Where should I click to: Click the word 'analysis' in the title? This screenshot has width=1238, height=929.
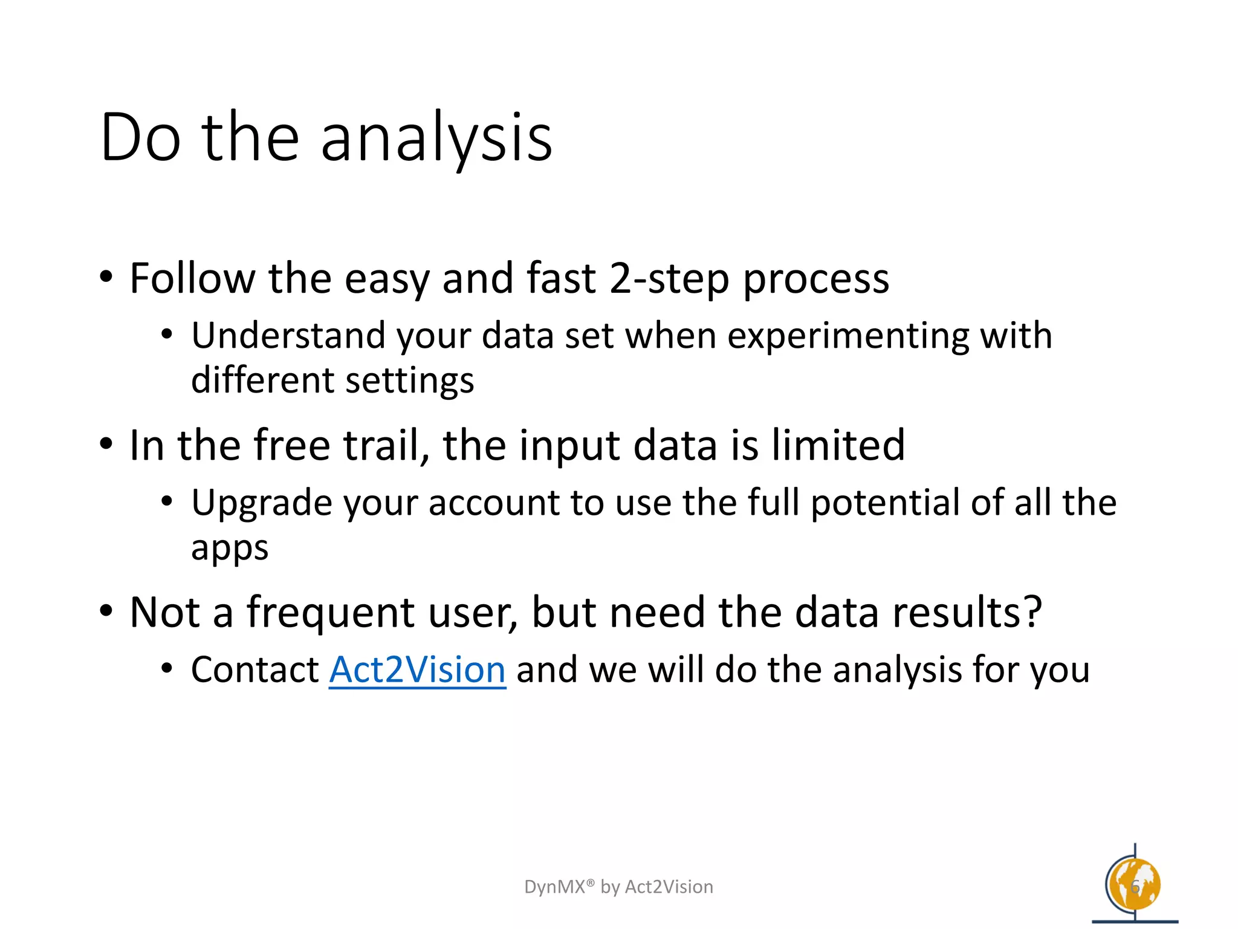pos(436,138)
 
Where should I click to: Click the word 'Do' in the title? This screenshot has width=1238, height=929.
pos(140,138)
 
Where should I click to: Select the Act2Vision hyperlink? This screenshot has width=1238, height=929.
pos(417,670)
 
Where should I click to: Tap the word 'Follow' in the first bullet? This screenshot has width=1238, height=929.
pos(192,278)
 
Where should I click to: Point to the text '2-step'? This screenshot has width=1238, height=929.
pos(669,279)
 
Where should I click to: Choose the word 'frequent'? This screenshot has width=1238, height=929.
pos(331,612)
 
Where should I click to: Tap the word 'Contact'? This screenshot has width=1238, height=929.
pos(254,670)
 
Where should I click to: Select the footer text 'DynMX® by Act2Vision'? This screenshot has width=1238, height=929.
pos(618,887)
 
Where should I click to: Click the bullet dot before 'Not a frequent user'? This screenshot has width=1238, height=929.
pos(106,611)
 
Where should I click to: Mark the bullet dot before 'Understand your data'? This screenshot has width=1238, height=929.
pos(167,334)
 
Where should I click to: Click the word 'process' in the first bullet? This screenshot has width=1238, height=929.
pos(815,279)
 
